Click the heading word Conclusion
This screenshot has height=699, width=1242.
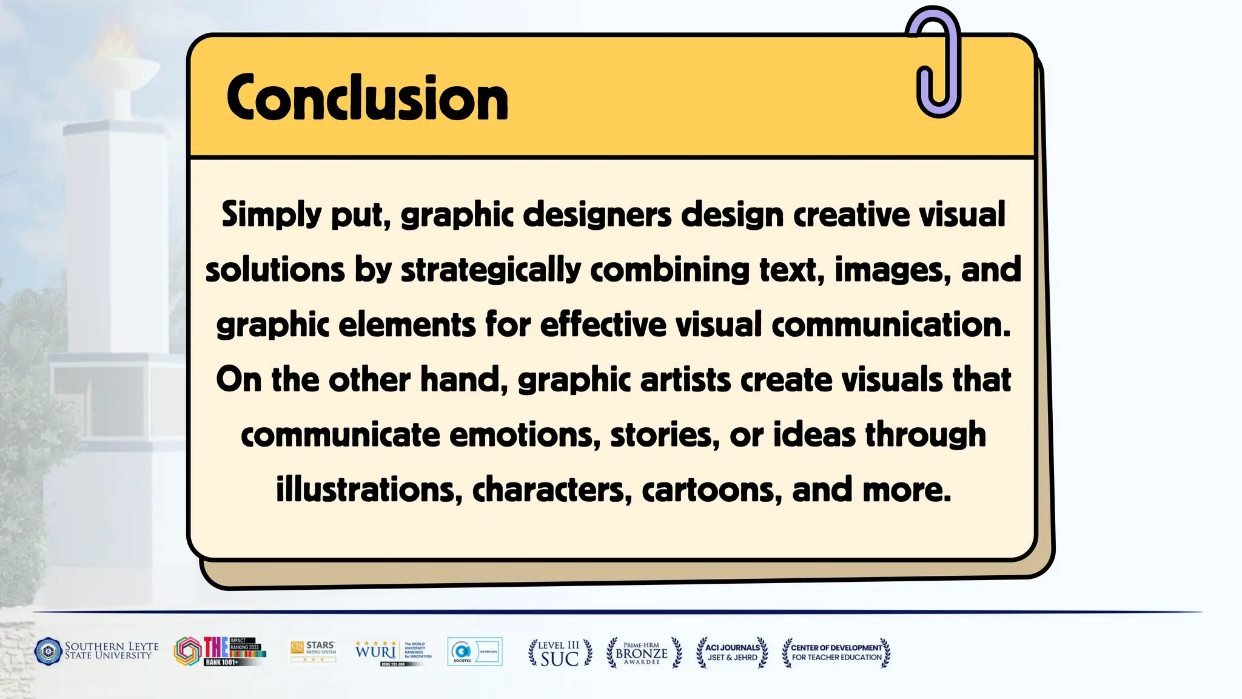[x=367, y=98]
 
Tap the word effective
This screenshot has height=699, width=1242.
[x=603, y=325]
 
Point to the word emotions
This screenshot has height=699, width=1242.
[x=525, y=435]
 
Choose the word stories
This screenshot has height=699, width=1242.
[x=664, y=435]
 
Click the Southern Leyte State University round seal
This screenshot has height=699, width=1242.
[x=49, y=652]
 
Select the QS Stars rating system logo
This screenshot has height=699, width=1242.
[x=313, y=652]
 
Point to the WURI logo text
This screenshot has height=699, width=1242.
[x=376, y=652]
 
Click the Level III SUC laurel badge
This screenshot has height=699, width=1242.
[x=560, y=653]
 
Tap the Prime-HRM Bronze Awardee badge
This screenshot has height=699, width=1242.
[x=643, y=653]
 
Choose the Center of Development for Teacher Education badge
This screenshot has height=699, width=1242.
[x=836, y=653]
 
